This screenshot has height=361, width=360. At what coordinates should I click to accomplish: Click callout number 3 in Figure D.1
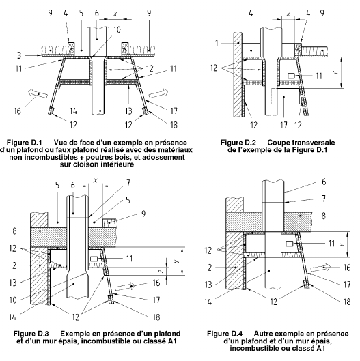click(19, 55)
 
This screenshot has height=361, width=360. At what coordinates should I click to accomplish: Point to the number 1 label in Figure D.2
click(217, 43)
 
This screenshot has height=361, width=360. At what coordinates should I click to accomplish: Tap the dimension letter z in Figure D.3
click(162, 272)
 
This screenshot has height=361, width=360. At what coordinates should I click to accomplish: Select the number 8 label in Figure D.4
click(324, 216)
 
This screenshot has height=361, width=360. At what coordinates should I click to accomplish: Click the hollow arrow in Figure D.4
click(320, 268)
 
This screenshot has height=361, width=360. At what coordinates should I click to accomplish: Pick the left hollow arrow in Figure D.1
click(38, 93)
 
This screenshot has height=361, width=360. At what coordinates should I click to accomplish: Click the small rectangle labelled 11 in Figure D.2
click(292, 76)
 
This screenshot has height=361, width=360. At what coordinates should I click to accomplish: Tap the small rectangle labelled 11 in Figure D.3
click(94, 259)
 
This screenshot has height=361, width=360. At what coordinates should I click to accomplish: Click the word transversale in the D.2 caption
click(301, 143)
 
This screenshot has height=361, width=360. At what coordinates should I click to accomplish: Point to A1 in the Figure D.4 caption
click(321, 348)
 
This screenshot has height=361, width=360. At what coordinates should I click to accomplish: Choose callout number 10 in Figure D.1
click(117, 30)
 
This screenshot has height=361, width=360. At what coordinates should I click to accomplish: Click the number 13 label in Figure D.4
click(208, 285)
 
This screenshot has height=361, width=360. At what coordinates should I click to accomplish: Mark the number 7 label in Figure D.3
click(128, 183)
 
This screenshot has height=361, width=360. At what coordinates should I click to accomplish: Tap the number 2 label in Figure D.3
click(14, 265)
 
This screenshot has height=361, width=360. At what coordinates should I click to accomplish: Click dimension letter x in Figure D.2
click(288, 14)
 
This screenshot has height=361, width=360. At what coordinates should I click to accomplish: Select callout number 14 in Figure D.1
click(73, 111)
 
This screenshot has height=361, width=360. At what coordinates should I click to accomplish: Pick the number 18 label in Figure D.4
click(347, 302)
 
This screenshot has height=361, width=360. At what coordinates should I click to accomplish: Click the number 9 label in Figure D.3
click(143, 214)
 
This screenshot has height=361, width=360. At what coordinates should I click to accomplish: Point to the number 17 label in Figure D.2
click(283, 125)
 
